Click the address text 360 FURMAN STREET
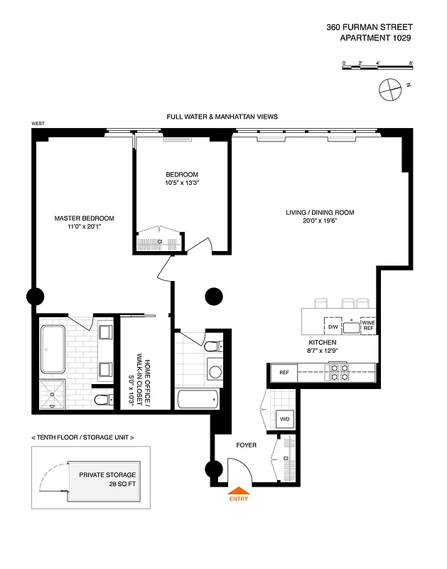click(x=368, y=27)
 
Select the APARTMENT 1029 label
click(x=376, y=39)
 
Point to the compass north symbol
click(x=389, y=90)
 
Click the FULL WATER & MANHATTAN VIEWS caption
click(x=222, y=116)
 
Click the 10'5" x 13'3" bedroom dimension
click(x=182, y=184)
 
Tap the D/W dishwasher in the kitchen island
click(x=332, y=326)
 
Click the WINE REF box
click(x=368, y=326)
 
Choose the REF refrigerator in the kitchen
click(x=284, y=372)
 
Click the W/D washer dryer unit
click(x=284, y=419)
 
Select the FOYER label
click(x=246, y=445)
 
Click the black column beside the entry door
click(x=212, y=469)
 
